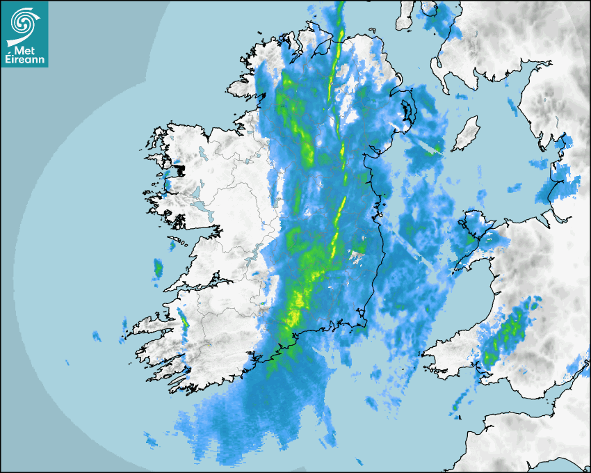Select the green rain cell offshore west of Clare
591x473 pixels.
coord(158,267)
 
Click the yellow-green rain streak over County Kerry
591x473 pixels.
coord(184,320)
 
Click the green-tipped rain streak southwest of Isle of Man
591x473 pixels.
coord(430,147)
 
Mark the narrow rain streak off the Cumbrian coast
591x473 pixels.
coord(514,108)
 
